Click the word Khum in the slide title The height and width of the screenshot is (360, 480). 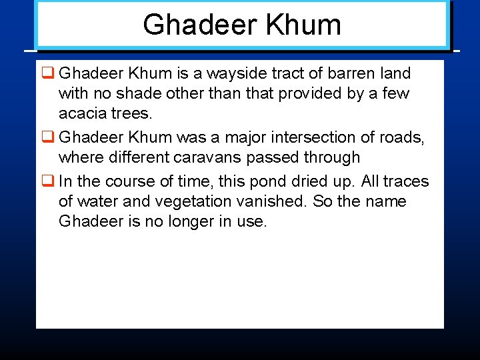coord(303,25)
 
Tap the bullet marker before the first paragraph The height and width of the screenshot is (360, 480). coord(47,73)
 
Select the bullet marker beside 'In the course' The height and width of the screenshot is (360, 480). coord(47,181)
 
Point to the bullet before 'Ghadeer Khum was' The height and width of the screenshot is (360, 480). coord(47,137)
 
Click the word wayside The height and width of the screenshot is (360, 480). coord(239,73)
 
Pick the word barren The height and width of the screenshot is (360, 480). coord(347,73)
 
